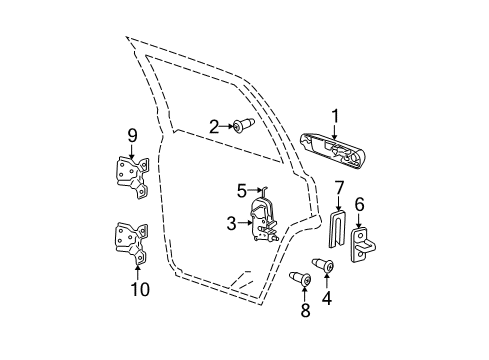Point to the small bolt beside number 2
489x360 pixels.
point(245,126)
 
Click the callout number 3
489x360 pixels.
point(242,189)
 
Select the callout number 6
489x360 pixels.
point(361,205)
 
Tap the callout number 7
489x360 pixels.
point(339,187)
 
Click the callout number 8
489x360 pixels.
point(306,311)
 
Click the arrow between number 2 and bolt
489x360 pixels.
point(229,126)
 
